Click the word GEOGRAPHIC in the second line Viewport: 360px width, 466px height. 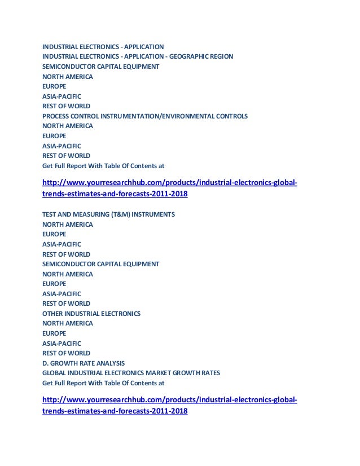(x=193, y=56)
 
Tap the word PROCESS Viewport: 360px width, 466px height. (x=56, y=116)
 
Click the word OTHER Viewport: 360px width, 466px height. (x=52, y=313)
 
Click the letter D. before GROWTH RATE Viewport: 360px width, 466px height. (x=46, y=362)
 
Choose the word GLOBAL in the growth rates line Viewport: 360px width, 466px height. (x=55, y=372)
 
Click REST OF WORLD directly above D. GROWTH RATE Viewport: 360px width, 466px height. (x=66, y=353)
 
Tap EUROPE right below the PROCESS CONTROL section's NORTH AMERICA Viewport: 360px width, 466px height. (x=54, y=135)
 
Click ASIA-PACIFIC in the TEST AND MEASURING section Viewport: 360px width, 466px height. (x=62, y=244)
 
